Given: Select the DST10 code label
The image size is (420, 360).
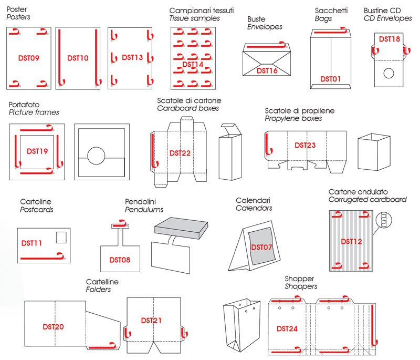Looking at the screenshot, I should coord(78,58).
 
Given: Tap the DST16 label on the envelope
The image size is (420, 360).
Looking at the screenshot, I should coord(267,69).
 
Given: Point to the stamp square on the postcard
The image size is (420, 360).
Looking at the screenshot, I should coord(61,237).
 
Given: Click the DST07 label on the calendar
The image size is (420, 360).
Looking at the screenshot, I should coord(262,247).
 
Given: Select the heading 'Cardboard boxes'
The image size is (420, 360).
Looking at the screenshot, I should coord(188,109).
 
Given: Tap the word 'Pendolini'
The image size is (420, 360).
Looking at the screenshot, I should coord(141,201).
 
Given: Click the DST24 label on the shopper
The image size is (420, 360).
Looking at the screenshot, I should coord(287,329).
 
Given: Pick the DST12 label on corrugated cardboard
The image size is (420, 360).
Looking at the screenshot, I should coord(351,241).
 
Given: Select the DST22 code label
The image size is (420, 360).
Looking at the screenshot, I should coord(180,153).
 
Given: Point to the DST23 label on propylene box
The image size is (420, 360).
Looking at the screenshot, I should coord(305,145).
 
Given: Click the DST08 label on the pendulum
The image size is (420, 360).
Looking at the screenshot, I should coord(120,260).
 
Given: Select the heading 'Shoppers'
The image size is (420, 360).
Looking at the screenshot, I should coord(301,286).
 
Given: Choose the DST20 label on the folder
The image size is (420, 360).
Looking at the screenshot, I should coord(54,327).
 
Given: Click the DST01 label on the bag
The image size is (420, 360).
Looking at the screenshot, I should coord(331,79).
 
